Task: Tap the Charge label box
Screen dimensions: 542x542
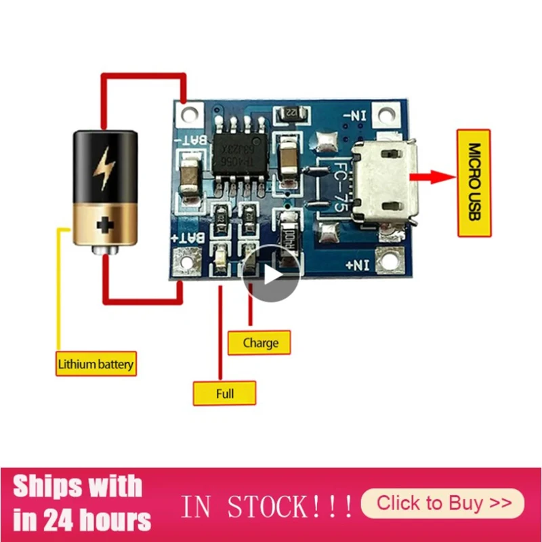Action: click(x=260, y=343)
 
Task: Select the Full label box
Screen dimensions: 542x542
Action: click(x=224, y=393)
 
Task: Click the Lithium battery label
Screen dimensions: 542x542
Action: click(x=96, y=364)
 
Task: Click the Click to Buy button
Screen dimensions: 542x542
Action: click(x=443, y=503)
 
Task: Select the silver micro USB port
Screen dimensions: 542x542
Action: click(x=387, y=183)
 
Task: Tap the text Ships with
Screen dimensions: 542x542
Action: click(x=78, y=486)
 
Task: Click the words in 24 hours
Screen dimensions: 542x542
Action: click(x=81, y=520)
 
